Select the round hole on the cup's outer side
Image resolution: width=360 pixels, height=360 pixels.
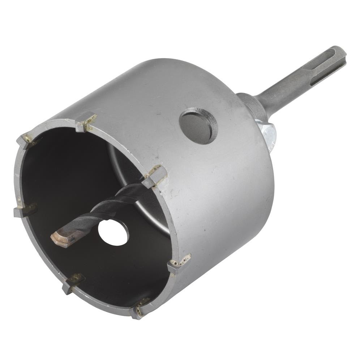(x=198, y=125)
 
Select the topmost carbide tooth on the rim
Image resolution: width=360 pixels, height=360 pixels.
(x=86, y=121)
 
